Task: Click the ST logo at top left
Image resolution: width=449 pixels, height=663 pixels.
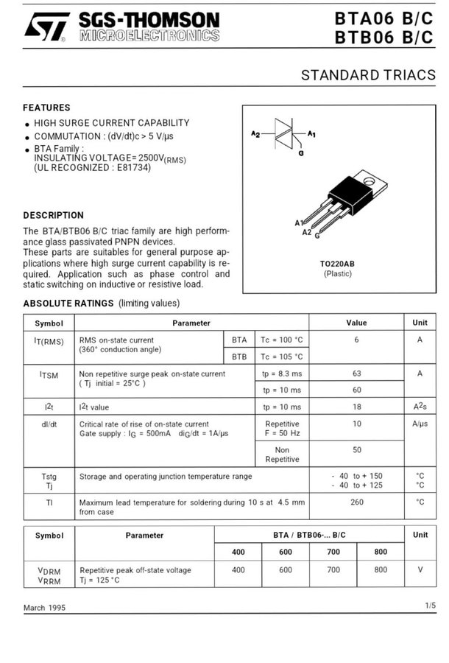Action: pyautogui.click(x=46, y=27)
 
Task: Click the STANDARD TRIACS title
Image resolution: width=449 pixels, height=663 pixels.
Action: pyautogui.click(x=368, y=75)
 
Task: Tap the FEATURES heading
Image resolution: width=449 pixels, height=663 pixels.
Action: pyautogui.click(x=46, y=108)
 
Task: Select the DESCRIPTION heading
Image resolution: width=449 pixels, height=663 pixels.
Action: pyautogui.click(x=53, y=215)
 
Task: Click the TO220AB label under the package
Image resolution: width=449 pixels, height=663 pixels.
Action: pyautogui.click(x=338, y=264)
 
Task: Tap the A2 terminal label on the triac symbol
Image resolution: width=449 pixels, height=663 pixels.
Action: pyautogui.click(x=255, y=134)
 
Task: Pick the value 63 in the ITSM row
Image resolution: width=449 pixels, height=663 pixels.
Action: pyautogui.click(x=356, y=373)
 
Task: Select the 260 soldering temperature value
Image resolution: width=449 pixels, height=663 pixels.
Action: pyautogui.click(x=356, y=502)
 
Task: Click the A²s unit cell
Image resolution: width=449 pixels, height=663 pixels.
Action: pyautogui.click(x=420, y=407)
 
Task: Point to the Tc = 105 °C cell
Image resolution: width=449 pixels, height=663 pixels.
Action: pyautogui.click(x=282, y=357)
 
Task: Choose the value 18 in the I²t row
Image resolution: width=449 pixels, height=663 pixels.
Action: pyautogui.click(x=356, y=407)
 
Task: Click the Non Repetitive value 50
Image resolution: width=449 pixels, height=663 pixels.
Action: pyautogui.click(x=356, y=449)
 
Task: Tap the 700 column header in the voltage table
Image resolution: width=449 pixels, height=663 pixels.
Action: pyautogui.click(x=333, y=552)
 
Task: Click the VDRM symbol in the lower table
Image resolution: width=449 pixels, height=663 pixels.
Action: pyautogui.click(x=49, y=570)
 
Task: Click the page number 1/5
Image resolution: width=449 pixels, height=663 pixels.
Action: pyautogui.click(x=430, y=606)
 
